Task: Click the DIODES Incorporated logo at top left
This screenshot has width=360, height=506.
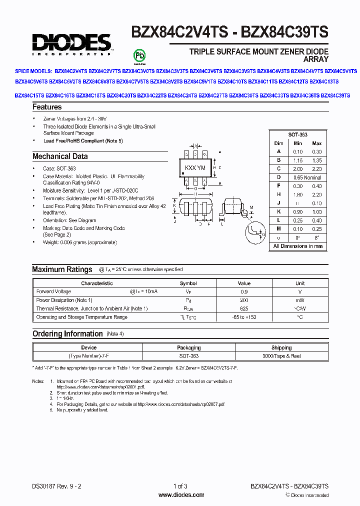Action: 71,43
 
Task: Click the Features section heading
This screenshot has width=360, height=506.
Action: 47,107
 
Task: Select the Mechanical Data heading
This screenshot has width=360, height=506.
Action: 60,156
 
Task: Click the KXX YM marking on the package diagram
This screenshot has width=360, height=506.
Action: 195,168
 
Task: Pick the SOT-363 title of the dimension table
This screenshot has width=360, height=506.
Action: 297,135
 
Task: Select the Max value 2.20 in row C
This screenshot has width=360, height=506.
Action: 316,169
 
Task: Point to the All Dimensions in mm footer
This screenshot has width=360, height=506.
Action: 297,246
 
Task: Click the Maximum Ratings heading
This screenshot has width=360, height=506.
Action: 62,269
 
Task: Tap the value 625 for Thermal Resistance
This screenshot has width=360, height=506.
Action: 244,308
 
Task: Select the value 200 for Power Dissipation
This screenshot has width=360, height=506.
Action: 244,300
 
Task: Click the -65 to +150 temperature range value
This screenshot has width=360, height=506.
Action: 244,317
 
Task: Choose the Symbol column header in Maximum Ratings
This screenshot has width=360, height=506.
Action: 188,283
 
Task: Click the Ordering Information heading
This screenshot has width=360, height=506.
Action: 67,334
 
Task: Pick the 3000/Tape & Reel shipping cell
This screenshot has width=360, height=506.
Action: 281,355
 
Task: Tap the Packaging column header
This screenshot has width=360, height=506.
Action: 188,347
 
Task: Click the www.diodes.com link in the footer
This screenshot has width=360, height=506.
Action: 181,495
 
